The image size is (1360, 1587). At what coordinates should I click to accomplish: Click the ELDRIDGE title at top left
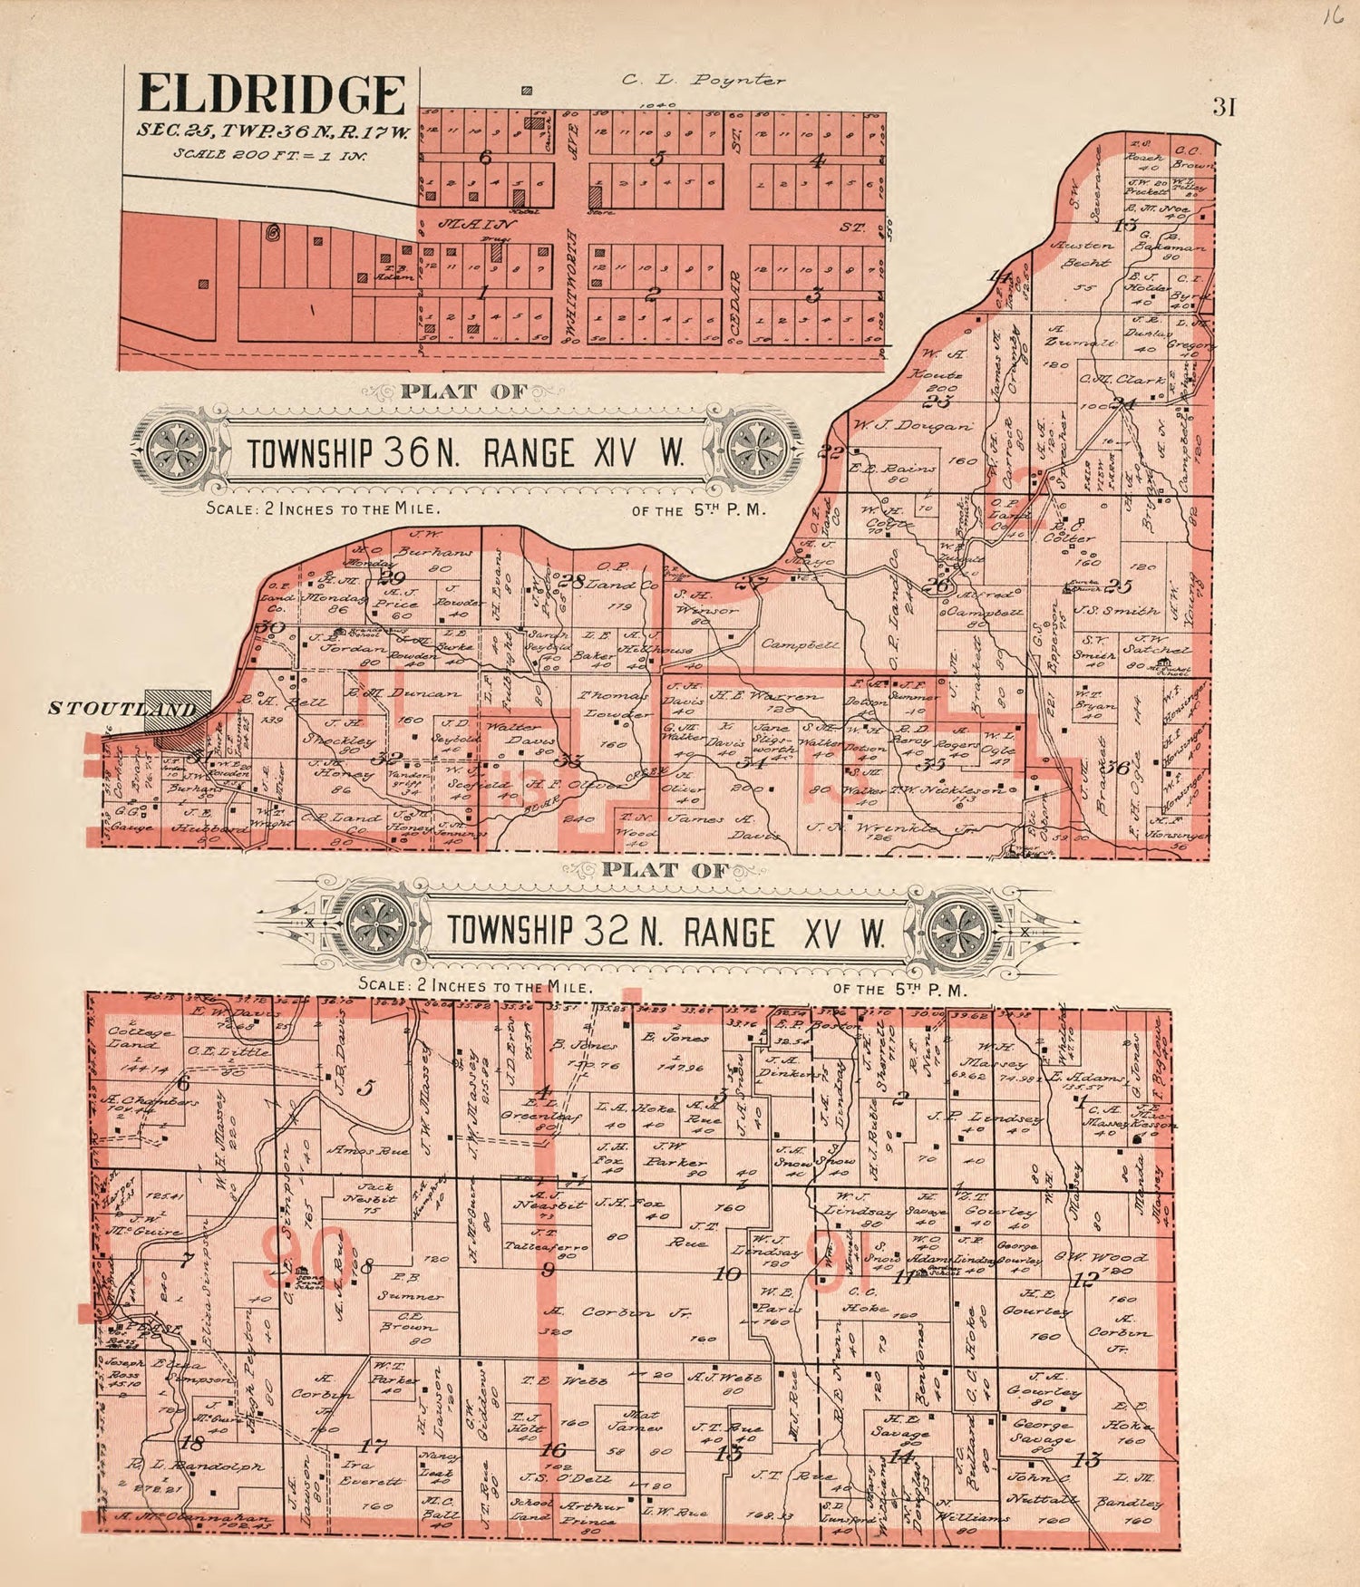pos(271,95)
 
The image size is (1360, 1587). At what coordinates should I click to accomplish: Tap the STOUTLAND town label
pos(121,708)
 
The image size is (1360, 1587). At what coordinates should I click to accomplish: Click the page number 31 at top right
pos(1224,107)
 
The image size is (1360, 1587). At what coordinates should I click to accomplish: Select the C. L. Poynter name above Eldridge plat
pos(703,80)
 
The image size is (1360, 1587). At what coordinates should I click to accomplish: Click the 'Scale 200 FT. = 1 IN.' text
pos(270,153)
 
